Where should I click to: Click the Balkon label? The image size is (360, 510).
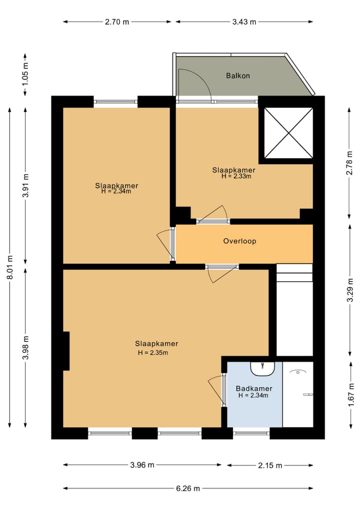pyautogui.click(x=238, y=76)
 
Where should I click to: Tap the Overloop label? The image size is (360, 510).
pyautogui.click(x=239, y=241)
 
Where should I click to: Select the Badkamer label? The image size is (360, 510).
pyautogui.click(x=254, y=388)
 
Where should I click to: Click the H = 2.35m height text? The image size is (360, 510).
pyautogui.click(x=152, y=352)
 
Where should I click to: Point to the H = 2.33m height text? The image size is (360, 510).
pyautogui.click(x=236, y=176)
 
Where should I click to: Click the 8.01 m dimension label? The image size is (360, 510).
pyautogui.click(x=10, y=267)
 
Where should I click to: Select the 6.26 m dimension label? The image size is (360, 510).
pyautogui.click(x=188, y=488)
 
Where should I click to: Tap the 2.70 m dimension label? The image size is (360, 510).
pyautogui.click(x=117, y=22)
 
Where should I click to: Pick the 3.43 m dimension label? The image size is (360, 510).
pyautogui.click(x=244, y=22)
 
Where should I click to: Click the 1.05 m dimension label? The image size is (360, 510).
pyautogui.click(x=25, y=74)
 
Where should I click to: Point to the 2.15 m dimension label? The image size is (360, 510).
pyautogui.click(x=270, y=465)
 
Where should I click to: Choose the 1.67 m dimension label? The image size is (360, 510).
pyautogui.click(x=351, y=394)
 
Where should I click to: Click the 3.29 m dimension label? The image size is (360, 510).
pyautogui.click(x=350, y=290)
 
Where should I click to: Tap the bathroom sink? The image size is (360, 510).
pyautogui.click(x=262, y=369)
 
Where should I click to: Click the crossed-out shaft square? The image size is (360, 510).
pyautogui.click(x=288, y=133)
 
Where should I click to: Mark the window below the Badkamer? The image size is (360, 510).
pyautogui.click(x=251, y=433)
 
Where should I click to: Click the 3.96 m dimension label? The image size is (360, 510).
pyautogui.click(x=142, y=465)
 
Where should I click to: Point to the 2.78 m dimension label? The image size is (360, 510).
pyautogui.click(x=349, y=163)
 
